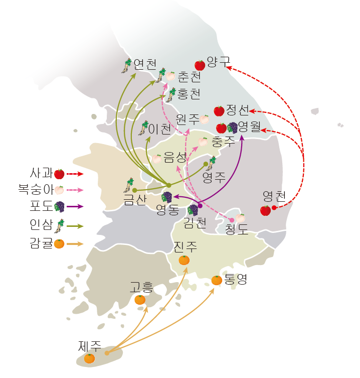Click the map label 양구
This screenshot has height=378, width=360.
(x=219, y=62)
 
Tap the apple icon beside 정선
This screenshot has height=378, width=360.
(x=219, y=111)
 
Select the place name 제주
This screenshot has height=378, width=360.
(x=90, y=346)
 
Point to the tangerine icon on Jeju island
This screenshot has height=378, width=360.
(x=89, y=358)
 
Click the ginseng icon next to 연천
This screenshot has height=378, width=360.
(x=126, y=66)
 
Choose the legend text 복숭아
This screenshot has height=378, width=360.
(x=36, y=189)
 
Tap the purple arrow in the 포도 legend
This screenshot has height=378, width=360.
(x=75, y=207)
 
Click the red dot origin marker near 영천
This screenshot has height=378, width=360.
(x=274, y=207)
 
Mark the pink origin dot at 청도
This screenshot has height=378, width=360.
(x=232, y=220)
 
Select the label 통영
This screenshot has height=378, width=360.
(x=236, y=279)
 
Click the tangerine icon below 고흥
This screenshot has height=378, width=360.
(x=140, y=300)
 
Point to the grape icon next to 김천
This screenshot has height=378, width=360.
(x=193, y=210)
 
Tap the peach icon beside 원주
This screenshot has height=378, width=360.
(x=204, y=119)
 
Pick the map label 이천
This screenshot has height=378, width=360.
(x=159, y=129)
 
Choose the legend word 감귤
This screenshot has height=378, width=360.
(x=41, y=243)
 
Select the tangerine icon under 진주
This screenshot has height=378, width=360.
(x=184, y=260)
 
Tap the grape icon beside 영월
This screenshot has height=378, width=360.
(x=233, y=128)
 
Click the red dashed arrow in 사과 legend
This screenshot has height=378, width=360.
(x=75, y=174)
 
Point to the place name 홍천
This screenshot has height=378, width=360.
(x=189, y=94)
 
